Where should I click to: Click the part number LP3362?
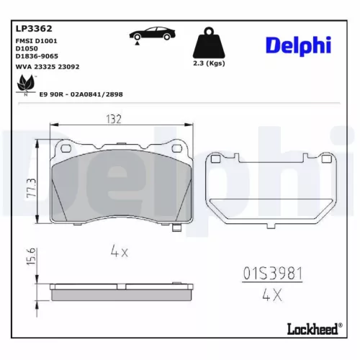[x=34, y=30]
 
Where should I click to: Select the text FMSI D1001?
[x=36, y=42]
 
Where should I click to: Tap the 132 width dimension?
[x=113, y=119]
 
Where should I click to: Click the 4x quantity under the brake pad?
[x=119, y=252]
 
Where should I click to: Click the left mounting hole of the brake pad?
[x=65, y=148]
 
